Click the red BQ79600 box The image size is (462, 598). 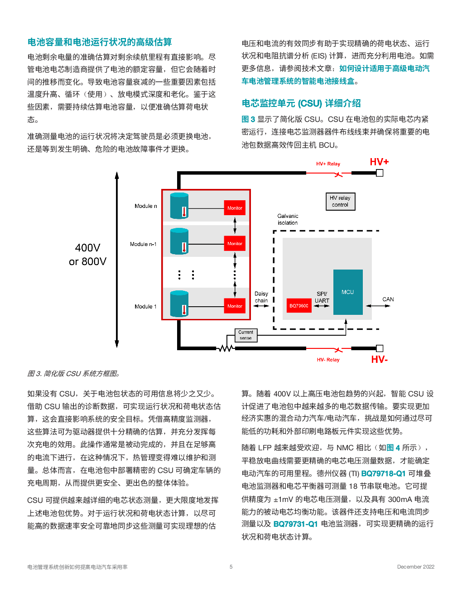coord(298,306)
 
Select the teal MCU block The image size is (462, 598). coord(348,292)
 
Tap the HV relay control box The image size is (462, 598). coord(340,202)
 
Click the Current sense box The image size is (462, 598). coord(245,335)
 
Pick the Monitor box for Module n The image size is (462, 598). coord(235,208)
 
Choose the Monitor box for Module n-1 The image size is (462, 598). coord(235,244)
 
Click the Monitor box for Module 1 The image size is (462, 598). coord(235,306)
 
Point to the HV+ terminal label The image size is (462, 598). coord(379,162)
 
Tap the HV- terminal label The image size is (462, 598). coord(379,360)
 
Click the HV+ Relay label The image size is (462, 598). coord(328,164)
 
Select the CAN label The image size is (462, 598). coord(388,299)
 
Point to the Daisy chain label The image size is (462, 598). coord(261,297)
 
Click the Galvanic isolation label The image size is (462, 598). coord(288,219)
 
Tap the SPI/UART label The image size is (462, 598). coord(322,297)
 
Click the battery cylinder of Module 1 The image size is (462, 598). coord(179,304)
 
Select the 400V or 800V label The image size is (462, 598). coord(87,255)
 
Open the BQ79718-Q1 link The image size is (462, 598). coord(383,473)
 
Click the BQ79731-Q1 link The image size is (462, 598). coord(295,524)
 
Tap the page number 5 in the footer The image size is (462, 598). coord(231,567)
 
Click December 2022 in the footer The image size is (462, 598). coord(415,567)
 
